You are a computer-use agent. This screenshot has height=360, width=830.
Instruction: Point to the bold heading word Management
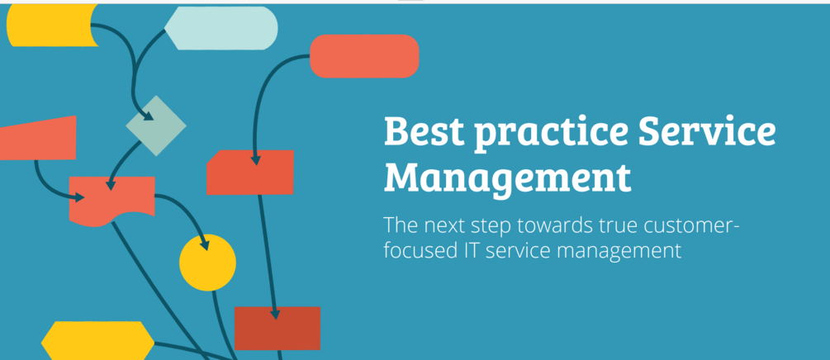[508, 177]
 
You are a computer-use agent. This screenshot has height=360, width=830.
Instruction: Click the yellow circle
[207, 263]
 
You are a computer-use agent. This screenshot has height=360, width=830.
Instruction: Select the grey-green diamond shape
[155, 126]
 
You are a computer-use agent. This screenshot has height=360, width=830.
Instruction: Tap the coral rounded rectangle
[364, 56]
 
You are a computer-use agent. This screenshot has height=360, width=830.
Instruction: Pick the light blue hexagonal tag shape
[221, 27]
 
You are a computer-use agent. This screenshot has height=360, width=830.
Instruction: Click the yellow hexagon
[97, 340]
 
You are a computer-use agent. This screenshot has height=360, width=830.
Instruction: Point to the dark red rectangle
[277, 329]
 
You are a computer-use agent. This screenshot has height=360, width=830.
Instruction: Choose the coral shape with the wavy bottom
[111, 198]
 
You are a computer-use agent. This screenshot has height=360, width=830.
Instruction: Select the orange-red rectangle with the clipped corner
[250, 173]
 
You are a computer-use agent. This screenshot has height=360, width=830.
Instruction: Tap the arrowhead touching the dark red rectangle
[276, 315]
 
